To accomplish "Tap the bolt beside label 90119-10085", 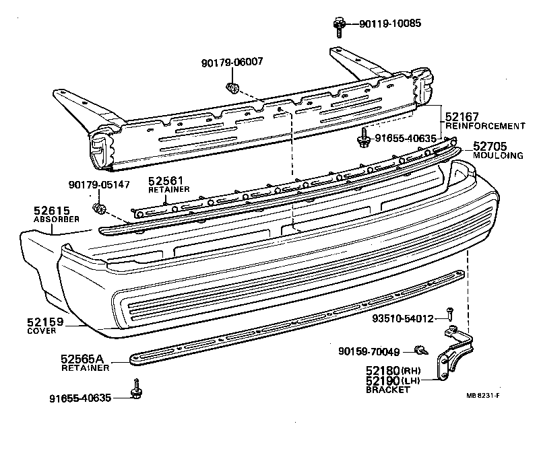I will (x=339, y=25).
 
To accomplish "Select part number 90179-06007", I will (x=232, y=62).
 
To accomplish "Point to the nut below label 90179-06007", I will (x=232, y=87).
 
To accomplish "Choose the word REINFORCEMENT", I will (x=485, y=126).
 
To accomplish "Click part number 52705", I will (x=491, y=146).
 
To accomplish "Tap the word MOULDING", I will (x=497, y=155).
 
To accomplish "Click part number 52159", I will (x=45, y=322).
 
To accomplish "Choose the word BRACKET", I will (x=387, y=390).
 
